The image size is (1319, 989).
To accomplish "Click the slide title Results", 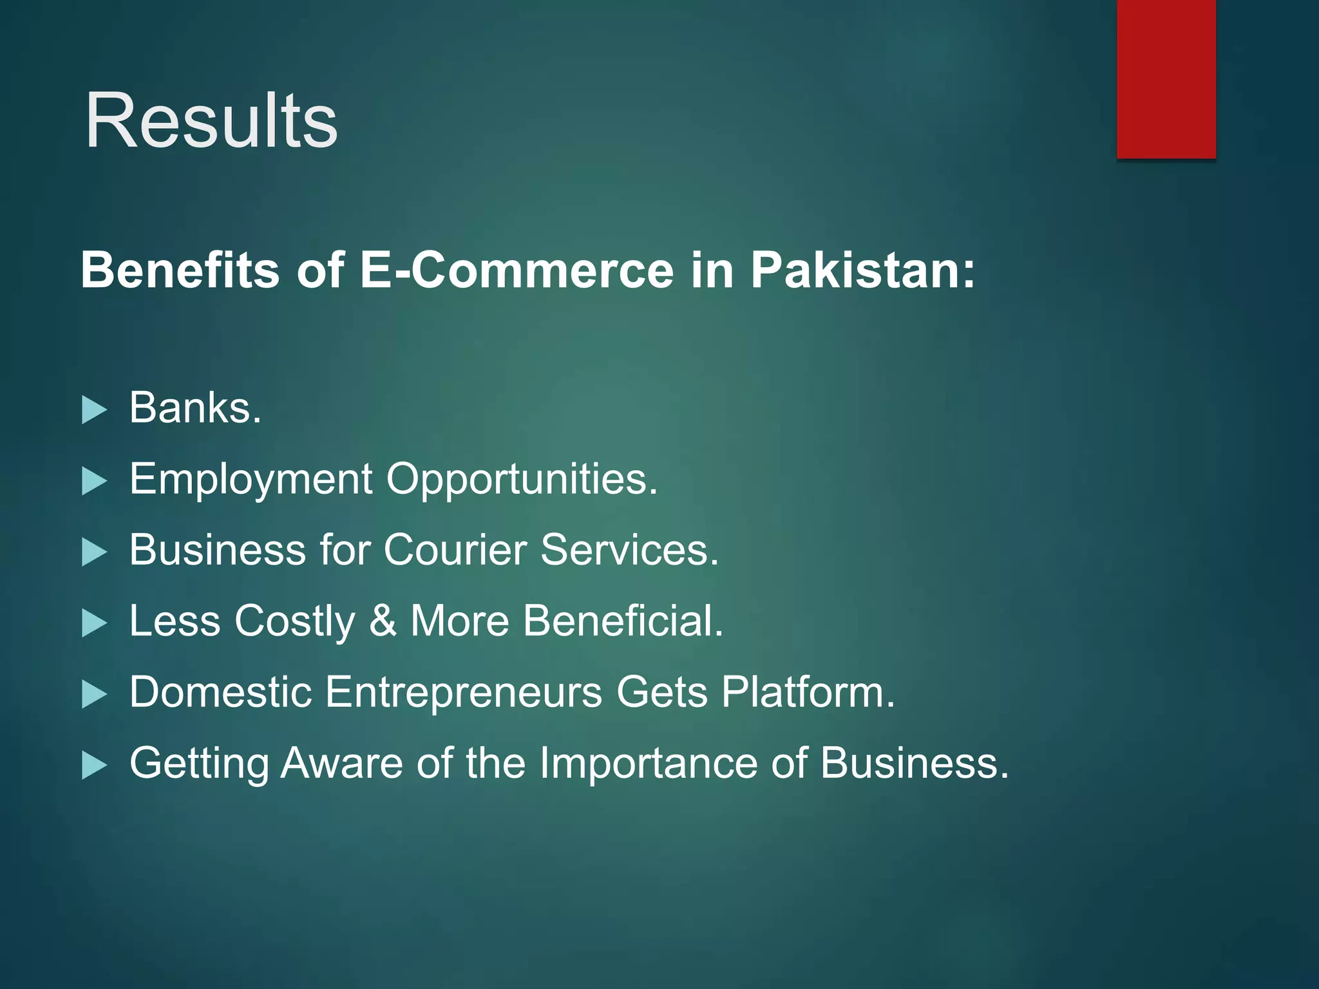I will [x=211, y=120].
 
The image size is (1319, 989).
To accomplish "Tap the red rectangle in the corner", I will [x=1166, y=79].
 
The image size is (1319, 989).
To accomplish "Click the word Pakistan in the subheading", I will [x=863, y=270].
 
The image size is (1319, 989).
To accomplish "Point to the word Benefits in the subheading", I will [x=180, y=270].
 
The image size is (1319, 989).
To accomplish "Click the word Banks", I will [x=195, y=408].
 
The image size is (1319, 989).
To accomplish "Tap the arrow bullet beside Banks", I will [x=94, y=410].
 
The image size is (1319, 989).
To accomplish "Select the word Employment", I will [x=251, y=480].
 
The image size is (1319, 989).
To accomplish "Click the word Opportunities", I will [x=522, y=480].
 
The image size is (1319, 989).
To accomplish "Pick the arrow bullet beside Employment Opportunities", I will [x=94, y=482].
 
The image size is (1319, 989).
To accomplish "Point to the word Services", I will [x=629, y=550].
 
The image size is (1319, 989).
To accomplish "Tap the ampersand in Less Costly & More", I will [x=383, y=621].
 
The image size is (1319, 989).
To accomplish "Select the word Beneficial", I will [x=623, y=621].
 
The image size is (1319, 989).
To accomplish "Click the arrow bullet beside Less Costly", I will [x=94, y=623].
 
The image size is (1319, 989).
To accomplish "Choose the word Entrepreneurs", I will [x=464, y=692].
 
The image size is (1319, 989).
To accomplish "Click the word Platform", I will [x=808, y=692].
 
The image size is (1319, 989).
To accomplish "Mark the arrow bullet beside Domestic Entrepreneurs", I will [x=94, y=695].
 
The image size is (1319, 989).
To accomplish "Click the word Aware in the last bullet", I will [x=341, y=763].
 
